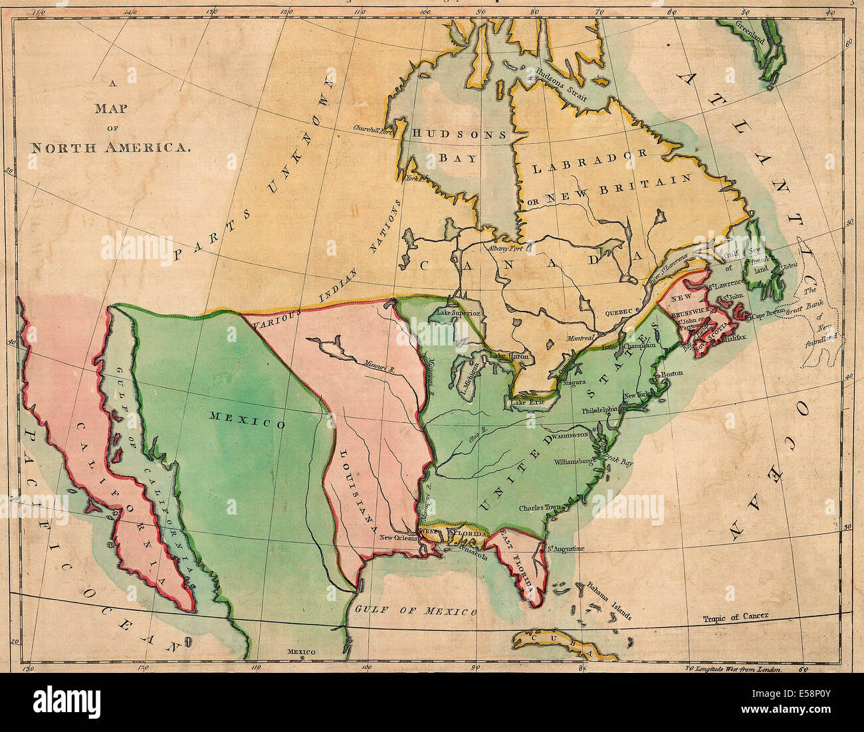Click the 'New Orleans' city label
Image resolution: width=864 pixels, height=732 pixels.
[x=398, y=538]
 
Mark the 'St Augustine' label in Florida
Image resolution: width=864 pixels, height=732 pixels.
[x=565, y=549]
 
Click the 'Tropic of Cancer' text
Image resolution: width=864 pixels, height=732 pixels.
[x=736, y=616]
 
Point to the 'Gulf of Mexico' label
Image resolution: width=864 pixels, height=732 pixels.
[x=415, y=610]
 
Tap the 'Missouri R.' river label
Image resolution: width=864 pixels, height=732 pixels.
[x=379, y=365]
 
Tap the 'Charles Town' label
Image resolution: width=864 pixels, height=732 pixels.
[x=540, y=509]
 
